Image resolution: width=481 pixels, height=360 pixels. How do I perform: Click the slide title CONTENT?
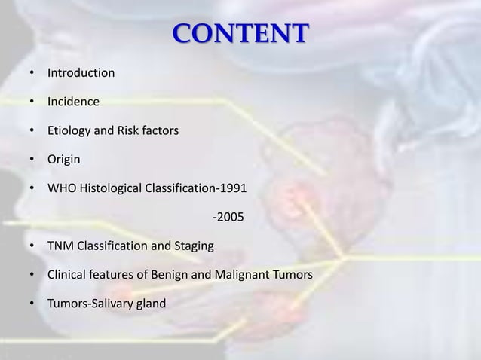(x=240, y=35)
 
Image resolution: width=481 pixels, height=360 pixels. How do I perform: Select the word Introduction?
(x=81, y=74)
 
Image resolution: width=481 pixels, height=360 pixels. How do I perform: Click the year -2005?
(x=228, y=218)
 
